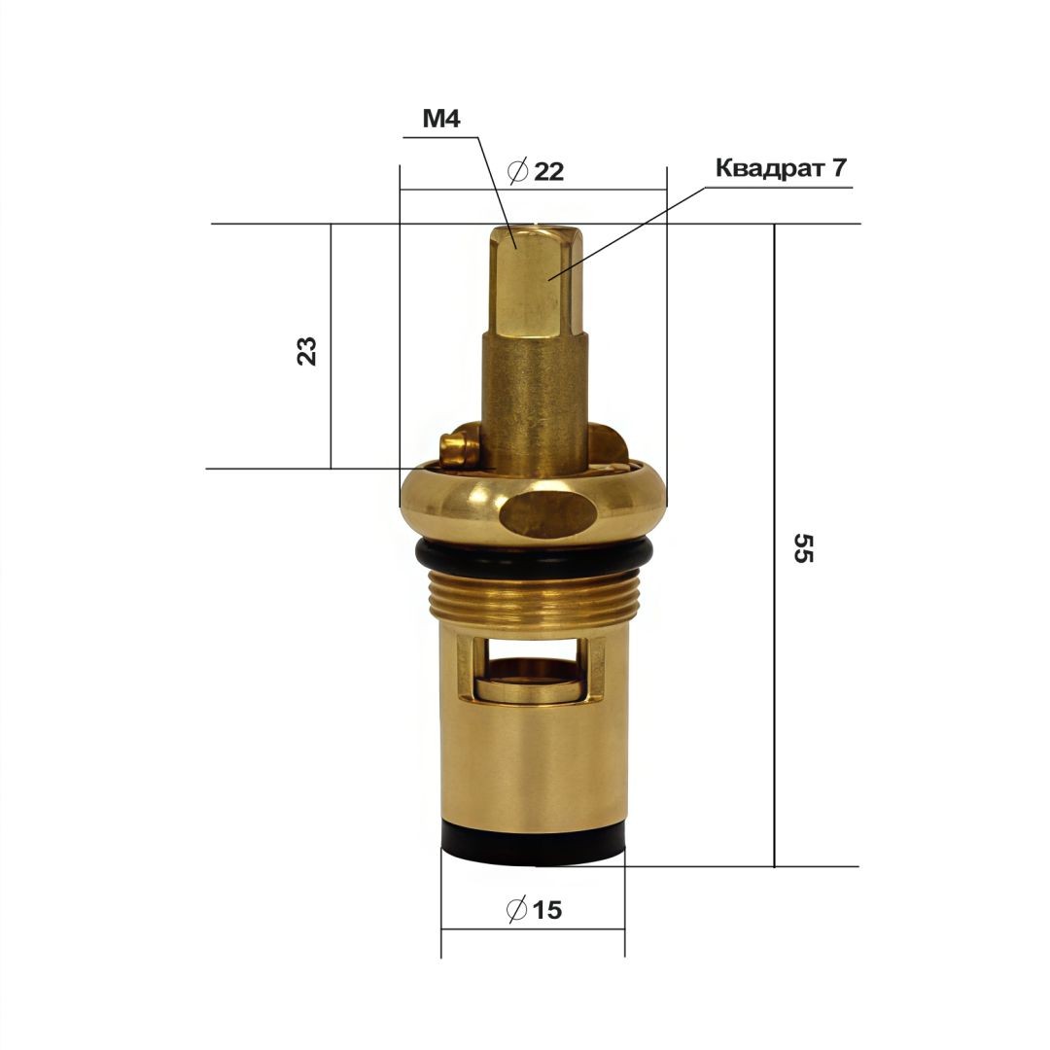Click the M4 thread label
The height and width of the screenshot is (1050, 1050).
coord(441,119)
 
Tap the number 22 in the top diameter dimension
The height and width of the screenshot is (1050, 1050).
coord(548,172)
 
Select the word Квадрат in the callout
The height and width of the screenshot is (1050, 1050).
coord(769,168)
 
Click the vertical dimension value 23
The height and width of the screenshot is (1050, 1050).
coord(306,351)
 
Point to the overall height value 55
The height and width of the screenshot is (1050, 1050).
coord(803,547)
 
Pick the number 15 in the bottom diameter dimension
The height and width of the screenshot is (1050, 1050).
coord(547,910)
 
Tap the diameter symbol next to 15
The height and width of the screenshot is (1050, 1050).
coord(517,909)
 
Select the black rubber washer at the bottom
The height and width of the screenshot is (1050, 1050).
coord(533,847)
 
